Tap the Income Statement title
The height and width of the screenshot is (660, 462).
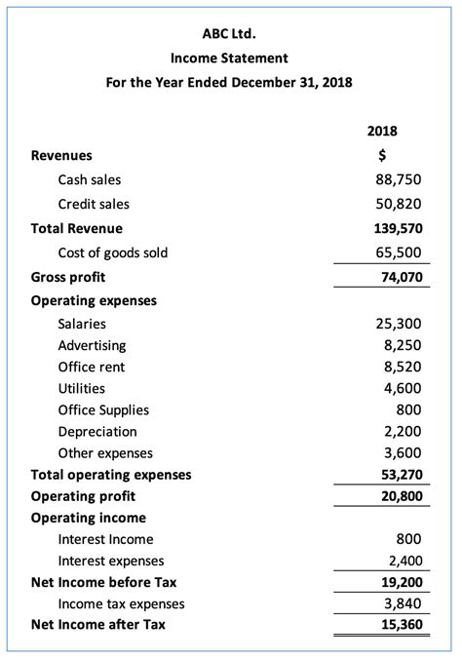click(x=229, y=58)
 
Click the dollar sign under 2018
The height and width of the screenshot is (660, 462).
click(x=382, y=155)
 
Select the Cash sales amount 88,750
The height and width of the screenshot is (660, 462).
click(x=399, y=179)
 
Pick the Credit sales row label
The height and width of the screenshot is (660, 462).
click(x=94, y=204)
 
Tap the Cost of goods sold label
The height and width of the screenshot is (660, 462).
click(x=113, y=252)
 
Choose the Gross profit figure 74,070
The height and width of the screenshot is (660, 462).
click(x=400, y=277)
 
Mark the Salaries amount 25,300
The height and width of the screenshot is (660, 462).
click(x=399, y=324)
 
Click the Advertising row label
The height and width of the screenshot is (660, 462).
click(x=92, y=345)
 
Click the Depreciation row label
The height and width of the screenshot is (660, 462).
click(x=97, y=431)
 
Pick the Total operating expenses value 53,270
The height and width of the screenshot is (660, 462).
click(x=400, y=475)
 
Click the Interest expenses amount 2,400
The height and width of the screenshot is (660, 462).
click(x=403, y=561)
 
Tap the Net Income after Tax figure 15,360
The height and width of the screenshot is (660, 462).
click(x=400, y=625)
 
